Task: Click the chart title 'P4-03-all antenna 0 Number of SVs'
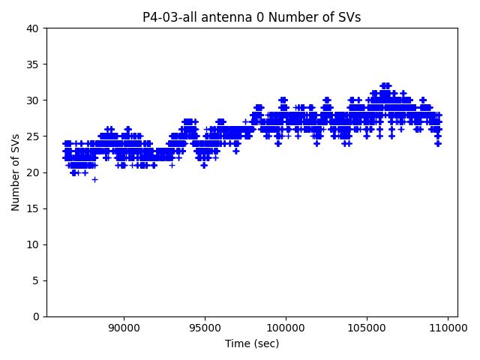click(x=251, y=17)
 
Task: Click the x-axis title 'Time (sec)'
click(x=252, y=343)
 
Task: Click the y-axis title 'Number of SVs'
click(x=16, y=172)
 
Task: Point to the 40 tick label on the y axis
click(x=33, y=28)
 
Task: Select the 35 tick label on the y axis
click(x=33, y=64)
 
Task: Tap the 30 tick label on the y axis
click(x=33, y=100)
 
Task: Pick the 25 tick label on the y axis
click(x=33, y=136)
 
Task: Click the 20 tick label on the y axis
click(x=33, y=172)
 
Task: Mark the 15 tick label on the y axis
click(x=33, y=208)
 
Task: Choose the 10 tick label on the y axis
click(x=33, y=244)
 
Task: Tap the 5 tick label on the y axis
click(x=36, y=280)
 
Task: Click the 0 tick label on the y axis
click(x=36, y=316)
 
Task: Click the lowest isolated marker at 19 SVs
click(x=94, y=179)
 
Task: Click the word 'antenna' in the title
click(x=223, y=17)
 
